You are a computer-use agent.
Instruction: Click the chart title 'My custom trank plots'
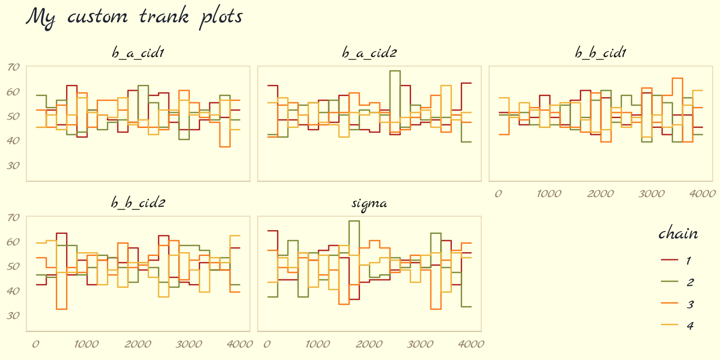(x=134, y=17)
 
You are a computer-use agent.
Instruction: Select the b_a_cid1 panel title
(x=137, y=53)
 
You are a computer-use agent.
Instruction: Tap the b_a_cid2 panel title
(x=369, y=53)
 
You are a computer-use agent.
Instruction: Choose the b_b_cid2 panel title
(x=137, y=204)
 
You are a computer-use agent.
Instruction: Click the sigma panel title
(x=369, y=204)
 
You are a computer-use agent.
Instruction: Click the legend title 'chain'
(x=678, y=233)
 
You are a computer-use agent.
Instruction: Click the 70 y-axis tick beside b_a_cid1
(x=14, y=67)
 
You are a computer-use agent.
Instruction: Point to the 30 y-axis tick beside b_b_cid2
(x=14, y=315)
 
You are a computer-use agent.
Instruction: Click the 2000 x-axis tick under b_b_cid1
(x=600, y=194)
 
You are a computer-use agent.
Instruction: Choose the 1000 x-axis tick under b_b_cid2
(x=86, y=344)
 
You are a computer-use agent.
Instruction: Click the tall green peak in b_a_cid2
(x=395, y=71)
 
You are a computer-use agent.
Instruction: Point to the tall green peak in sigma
(x=354, y=221)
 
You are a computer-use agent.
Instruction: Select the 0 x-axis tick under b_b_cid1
(x=498, y=194)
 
